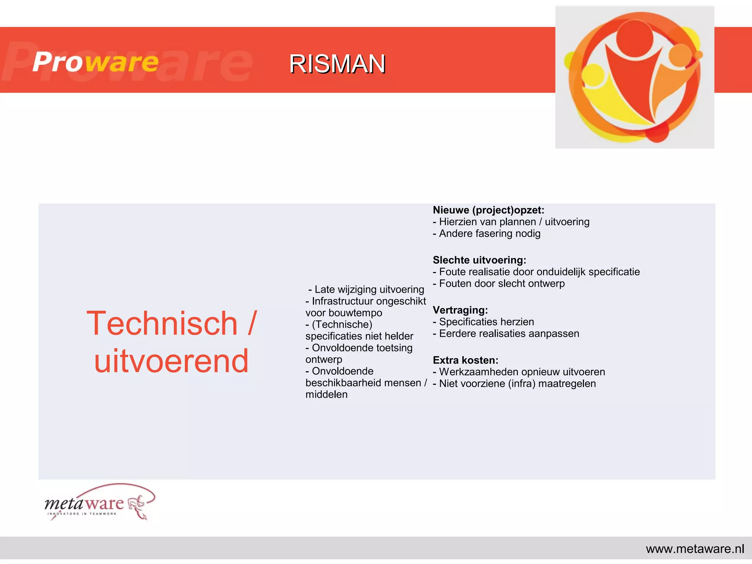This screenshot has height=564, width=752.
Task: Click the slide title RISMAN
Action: click(x=337, y=64)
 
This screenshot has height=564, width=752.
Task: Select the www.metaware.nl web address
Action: click(x=695, y=549)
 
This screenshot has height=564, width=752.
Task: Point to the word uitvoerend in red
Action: click(x=171, y=361)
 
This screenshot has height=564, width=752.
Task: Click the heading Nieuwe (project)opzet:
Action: click(x=488, y=210)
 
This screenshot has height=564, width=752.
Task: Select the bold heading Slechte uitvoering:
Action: click(x=479, y=260)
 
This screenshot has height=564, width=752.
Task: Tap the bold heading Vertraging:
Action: click(x=460, y=310)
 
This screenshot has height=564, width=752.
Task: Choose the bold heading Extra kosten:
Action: click(x=465, y=360)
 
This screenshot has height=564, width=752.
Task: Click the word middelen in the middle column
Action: click(x=326, y=394)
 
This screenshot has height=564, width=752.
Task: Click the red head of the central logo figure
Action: click(x=634, y=39)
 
